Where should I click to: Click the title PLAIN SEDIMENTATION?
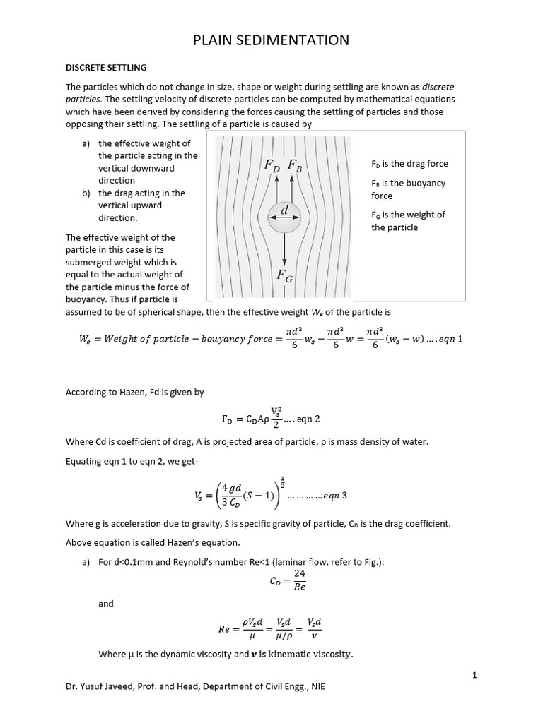tap(271, 40)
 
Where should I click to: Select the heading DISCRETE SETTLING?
tap(106, 68)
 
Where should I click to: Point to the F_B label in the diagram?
tap(296, 165)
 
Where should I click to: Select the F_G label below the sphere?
tap(284, 275)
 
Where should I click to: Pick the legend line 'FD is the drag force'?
tap(409, 164)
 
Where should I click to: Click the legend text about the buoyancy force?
tap(408, 189)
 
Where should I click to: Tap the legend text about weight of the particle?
tap(408, 221)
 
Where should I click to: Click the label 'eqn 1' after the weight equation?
tap(448, 339)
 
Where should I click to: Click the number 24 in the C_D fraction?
tap(289, 574)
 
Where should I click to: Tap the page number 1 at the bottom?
tap(475, 676)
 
